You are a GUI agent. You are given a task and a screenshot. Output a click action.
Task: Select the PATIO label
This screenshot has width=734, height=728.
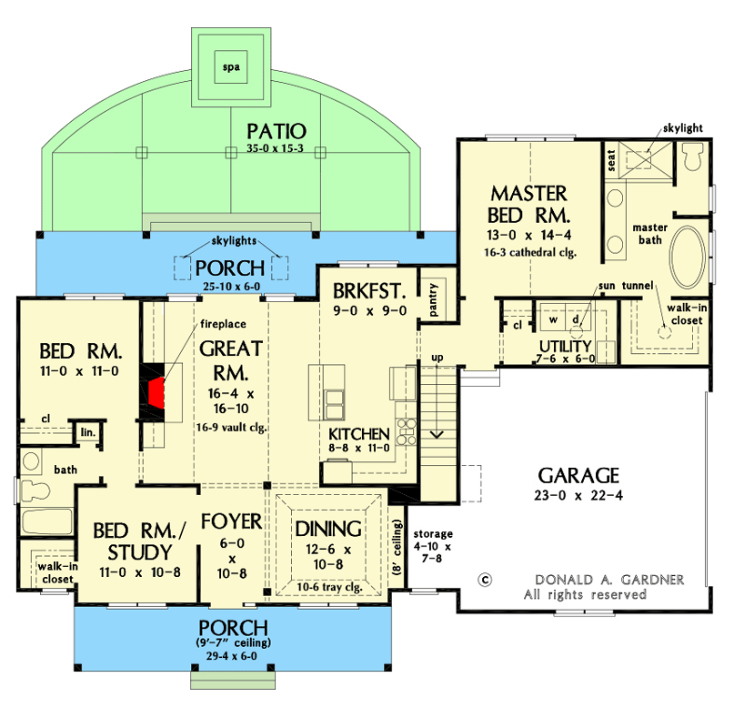click(277, 132)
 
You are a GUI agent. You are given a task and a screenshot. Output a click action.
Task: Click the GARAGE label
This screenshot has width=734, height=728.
click(578, 475)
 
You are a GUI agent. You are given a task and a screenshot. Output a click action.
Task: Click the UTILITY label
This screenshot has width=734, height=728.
click(564, 347)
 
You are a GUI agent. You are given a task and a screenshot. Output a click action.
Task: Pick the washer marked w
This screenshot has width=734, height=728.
click(552, 319)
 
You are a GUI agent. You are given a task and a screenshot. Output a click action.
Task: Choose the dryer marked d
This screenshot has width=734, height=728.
click(576, 319)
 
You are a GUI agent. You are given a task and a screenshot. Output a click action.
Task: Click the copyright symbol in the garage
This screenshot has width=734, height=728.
click(485, 579)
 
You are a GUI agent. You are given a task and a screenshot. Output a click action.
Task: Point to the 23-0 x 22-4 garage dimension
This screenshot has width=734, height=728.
click(578, 496)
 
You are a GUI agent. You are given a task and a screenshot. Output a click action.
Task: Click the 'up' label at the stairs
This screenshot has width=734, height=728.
click(437, 358)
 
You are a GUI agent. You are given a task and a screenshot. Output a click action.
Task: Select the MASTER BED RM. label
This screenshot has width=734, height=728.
click(529, 205)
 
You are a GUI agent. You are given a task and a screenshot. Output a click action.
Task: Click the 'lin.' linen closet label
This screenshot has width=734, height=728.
click(87, 432)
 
